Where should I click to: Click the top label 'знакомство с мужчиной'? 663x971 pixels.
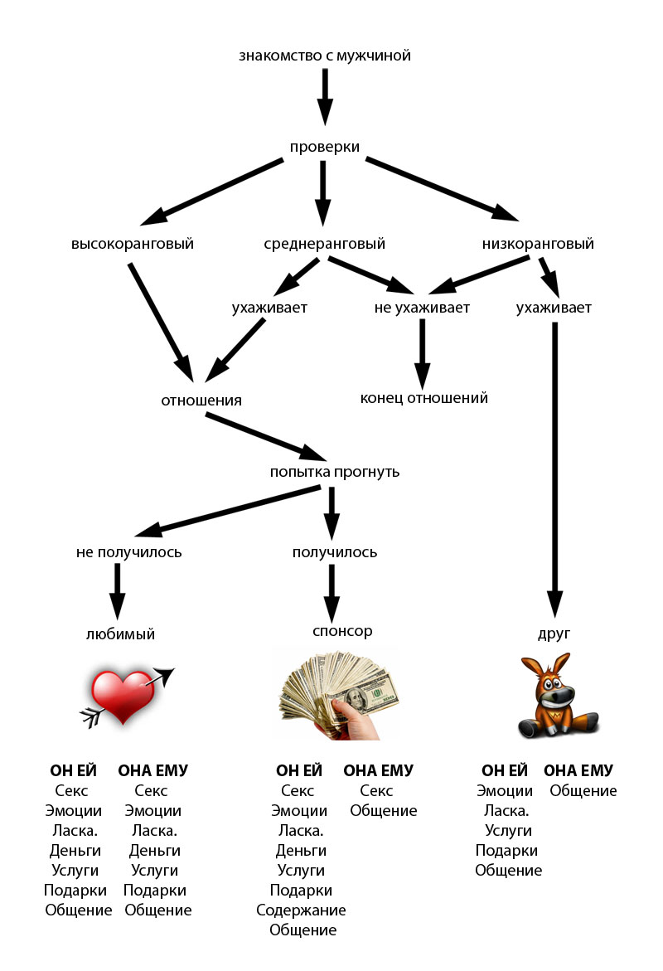pyautogui.click(x=324, y=56)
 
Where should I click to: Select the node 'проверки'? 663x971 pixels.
pyautogui.click(x=324, y=147)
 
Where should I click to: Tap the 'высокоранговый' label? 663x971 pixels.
pyautogui.click(x=133, y=244)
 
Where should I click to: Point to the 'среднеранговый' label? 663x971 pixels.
pyautogui.click(x=324, y=244)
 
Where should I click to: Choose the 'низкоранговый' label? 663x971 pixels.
pyautogui.click(x=538, y=244)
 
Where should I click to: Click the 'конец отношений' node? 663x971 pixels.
pyautogui.click(x=423, y=398)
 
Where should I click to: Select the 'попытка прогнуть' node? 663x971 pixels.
pyautogui.click(x=335, y=472)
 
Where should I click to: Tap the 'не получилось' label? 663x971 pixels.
pyautogui.click(x=128, y=551)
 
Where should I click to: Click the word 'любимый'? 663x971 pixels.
pyautogui.click(x=120, y=634)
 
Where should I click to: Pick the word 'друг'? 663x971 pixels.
pyautogui.click(x=554, y=634)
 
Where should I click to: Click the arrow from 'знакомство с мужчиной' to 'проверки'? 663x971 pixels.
pyautogui.click(x=325, y=95)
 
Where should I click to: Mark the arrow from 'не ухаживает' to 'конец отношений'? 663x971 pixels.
pyautogui.click(x=423, y=353)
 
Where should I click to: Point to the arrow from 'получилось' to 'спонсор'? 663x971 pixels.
pyautogui.click(x=331, y=590)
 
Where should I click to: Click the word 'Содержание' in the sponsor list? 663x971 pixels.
pyautogui.click(x=301, y=910)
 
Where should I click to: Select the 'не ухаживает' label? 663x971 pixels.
pyautogui.click(x=422, y=308)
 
